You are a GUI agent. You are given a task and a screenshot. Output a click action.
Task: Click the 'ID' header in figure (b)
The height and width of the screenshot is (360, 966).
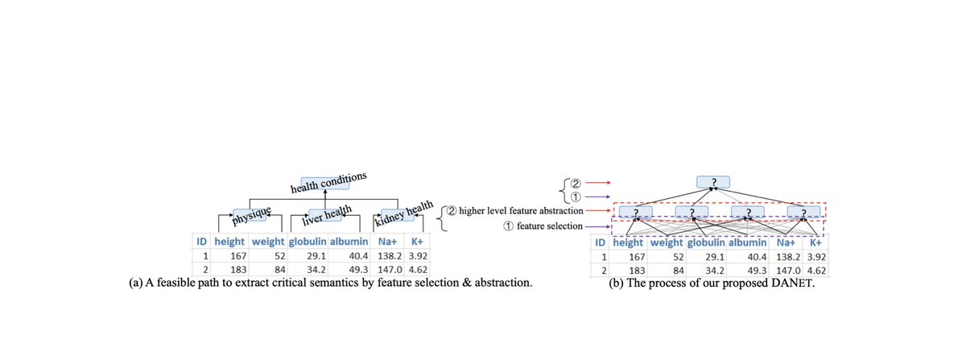601,242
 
